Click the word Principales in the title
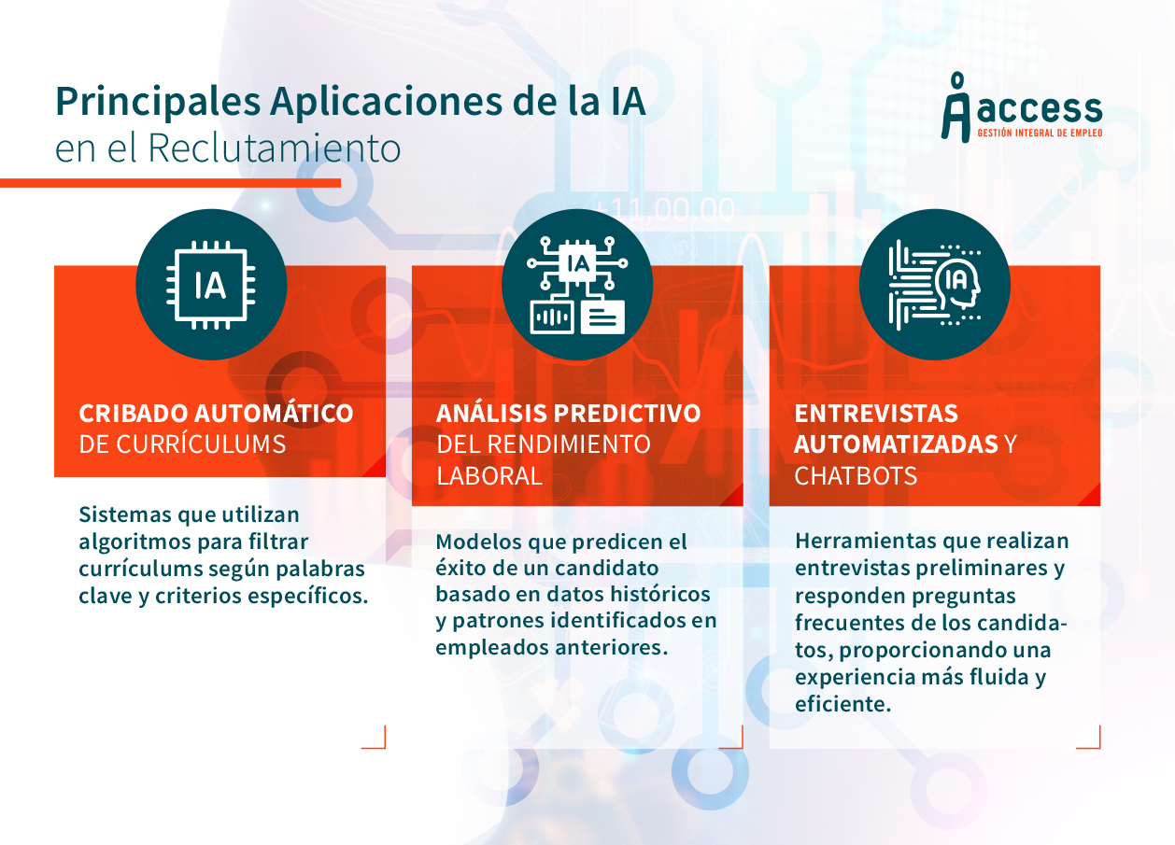(158, 103)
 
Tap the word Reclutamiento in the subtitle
(275, 148)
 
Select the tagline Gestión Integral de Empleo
(1040, 134)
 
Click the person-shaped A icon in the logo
(956, 107)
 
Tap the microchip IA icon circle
(211, 285)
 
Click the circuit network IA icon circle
(577, 285)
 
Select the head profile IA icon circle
(935, 285)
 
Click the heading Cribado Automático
(216, 413)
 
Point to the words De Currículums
(182, 444)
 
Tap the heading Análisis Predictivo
(569, 413)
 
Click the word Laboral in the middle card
(489, 476)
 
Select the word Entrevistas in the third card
(876, 414)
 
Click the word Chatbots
(856, 476)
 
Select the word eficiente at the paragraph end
(843, 704)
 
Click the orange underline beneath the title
(171, 183)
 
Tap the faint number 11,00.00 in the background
(666, 209)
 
